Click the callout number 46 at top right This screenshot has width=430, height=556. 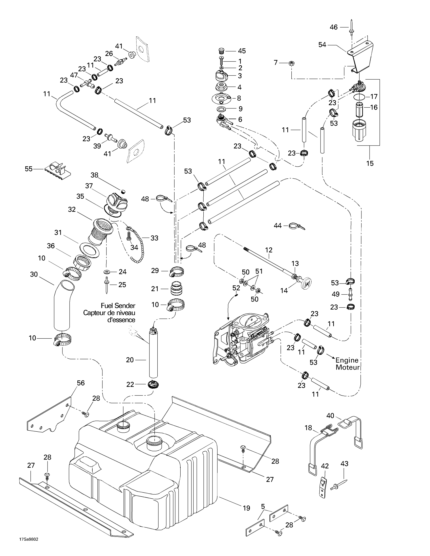point(333,27)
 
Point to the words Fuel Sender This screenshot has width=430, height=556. point(118,306)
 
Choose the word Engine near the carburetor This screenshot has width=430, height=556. point(347,360)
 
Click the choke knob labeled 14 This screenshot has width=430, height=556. point(307,284)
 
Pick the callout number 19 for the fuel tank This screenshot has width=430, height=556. point(246,508)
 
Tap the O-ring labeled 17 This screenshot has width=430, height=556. point(359,97)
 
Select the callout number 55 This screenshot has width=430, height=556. point(29,169)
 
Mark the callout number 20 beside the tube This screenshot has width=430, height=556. point(130,360)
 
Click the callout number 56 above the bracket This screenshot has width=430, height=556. point(81,383)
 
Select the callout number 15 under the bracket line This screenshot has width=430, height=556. point(370,163)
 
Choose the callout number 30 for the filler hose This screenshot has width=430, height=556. point(34,274)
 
